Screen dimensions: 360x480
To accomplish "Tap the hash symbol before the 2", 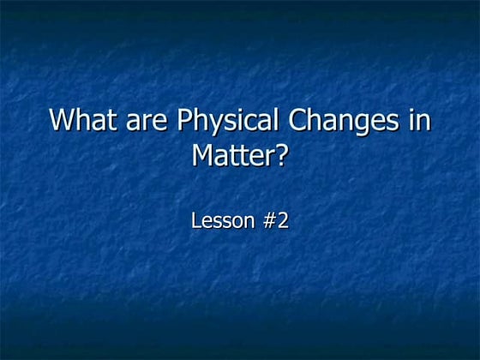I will (x=267, y=220).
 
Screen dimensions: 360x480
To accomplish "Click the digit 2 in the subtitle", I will (x=283, y=220).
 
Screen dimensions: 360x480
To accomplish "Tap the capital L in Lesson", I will (x=195, y=220).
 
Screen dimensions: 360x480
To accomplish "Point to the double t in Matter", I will (x=239, y=159).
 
